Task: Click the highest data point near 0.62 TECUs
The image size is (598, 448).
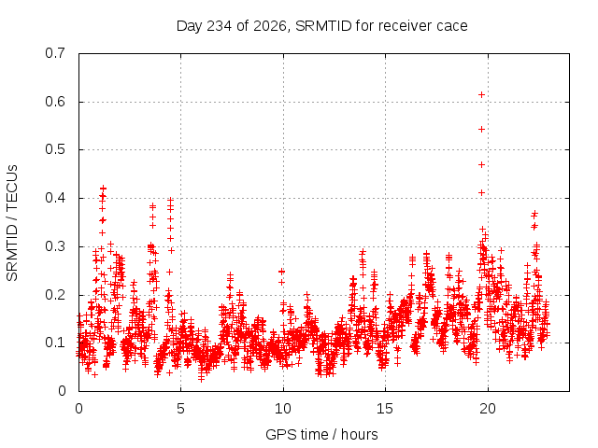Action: coord(482,95)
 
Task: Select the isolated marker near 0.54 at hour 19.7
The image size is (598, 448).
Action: coord(482,130)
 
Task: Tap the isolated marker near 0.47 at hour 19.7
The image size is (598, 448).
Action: coord(482,164)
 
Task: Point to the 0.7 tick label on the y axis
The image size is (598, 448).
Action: coord(55,53)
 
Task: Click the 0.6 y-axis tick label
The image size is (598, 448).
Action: coord(55,102)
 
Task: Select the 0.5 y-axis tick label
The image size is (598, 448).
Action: coord(55,149)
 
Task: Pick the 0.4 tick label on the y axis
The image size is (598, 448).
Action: coord(55,198)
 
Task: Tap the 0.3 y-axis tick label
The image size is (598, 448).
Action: coord(55,246)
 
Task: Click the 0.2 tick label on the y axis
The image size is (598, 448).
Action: coord(55,295)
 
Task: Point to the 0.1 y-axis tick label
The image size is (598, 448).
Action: coord(55,343)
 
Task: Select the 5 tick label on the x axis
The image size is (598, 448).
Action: coord(180,409)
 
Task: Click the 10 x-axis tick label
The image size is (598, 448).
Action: coord(283,409)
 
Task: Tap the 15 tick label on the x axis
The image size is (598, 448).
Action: coord(385,409)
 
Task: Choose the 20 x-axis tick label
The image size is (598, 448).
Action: coord(488,409)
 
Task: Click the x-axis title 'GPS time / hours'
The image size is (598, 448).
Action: coord(321,435)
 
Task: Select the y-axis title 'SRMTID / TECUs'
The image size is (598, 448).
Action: coord(12,223)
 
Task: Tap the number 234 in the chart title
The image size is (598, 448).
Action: coord(219,26)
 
